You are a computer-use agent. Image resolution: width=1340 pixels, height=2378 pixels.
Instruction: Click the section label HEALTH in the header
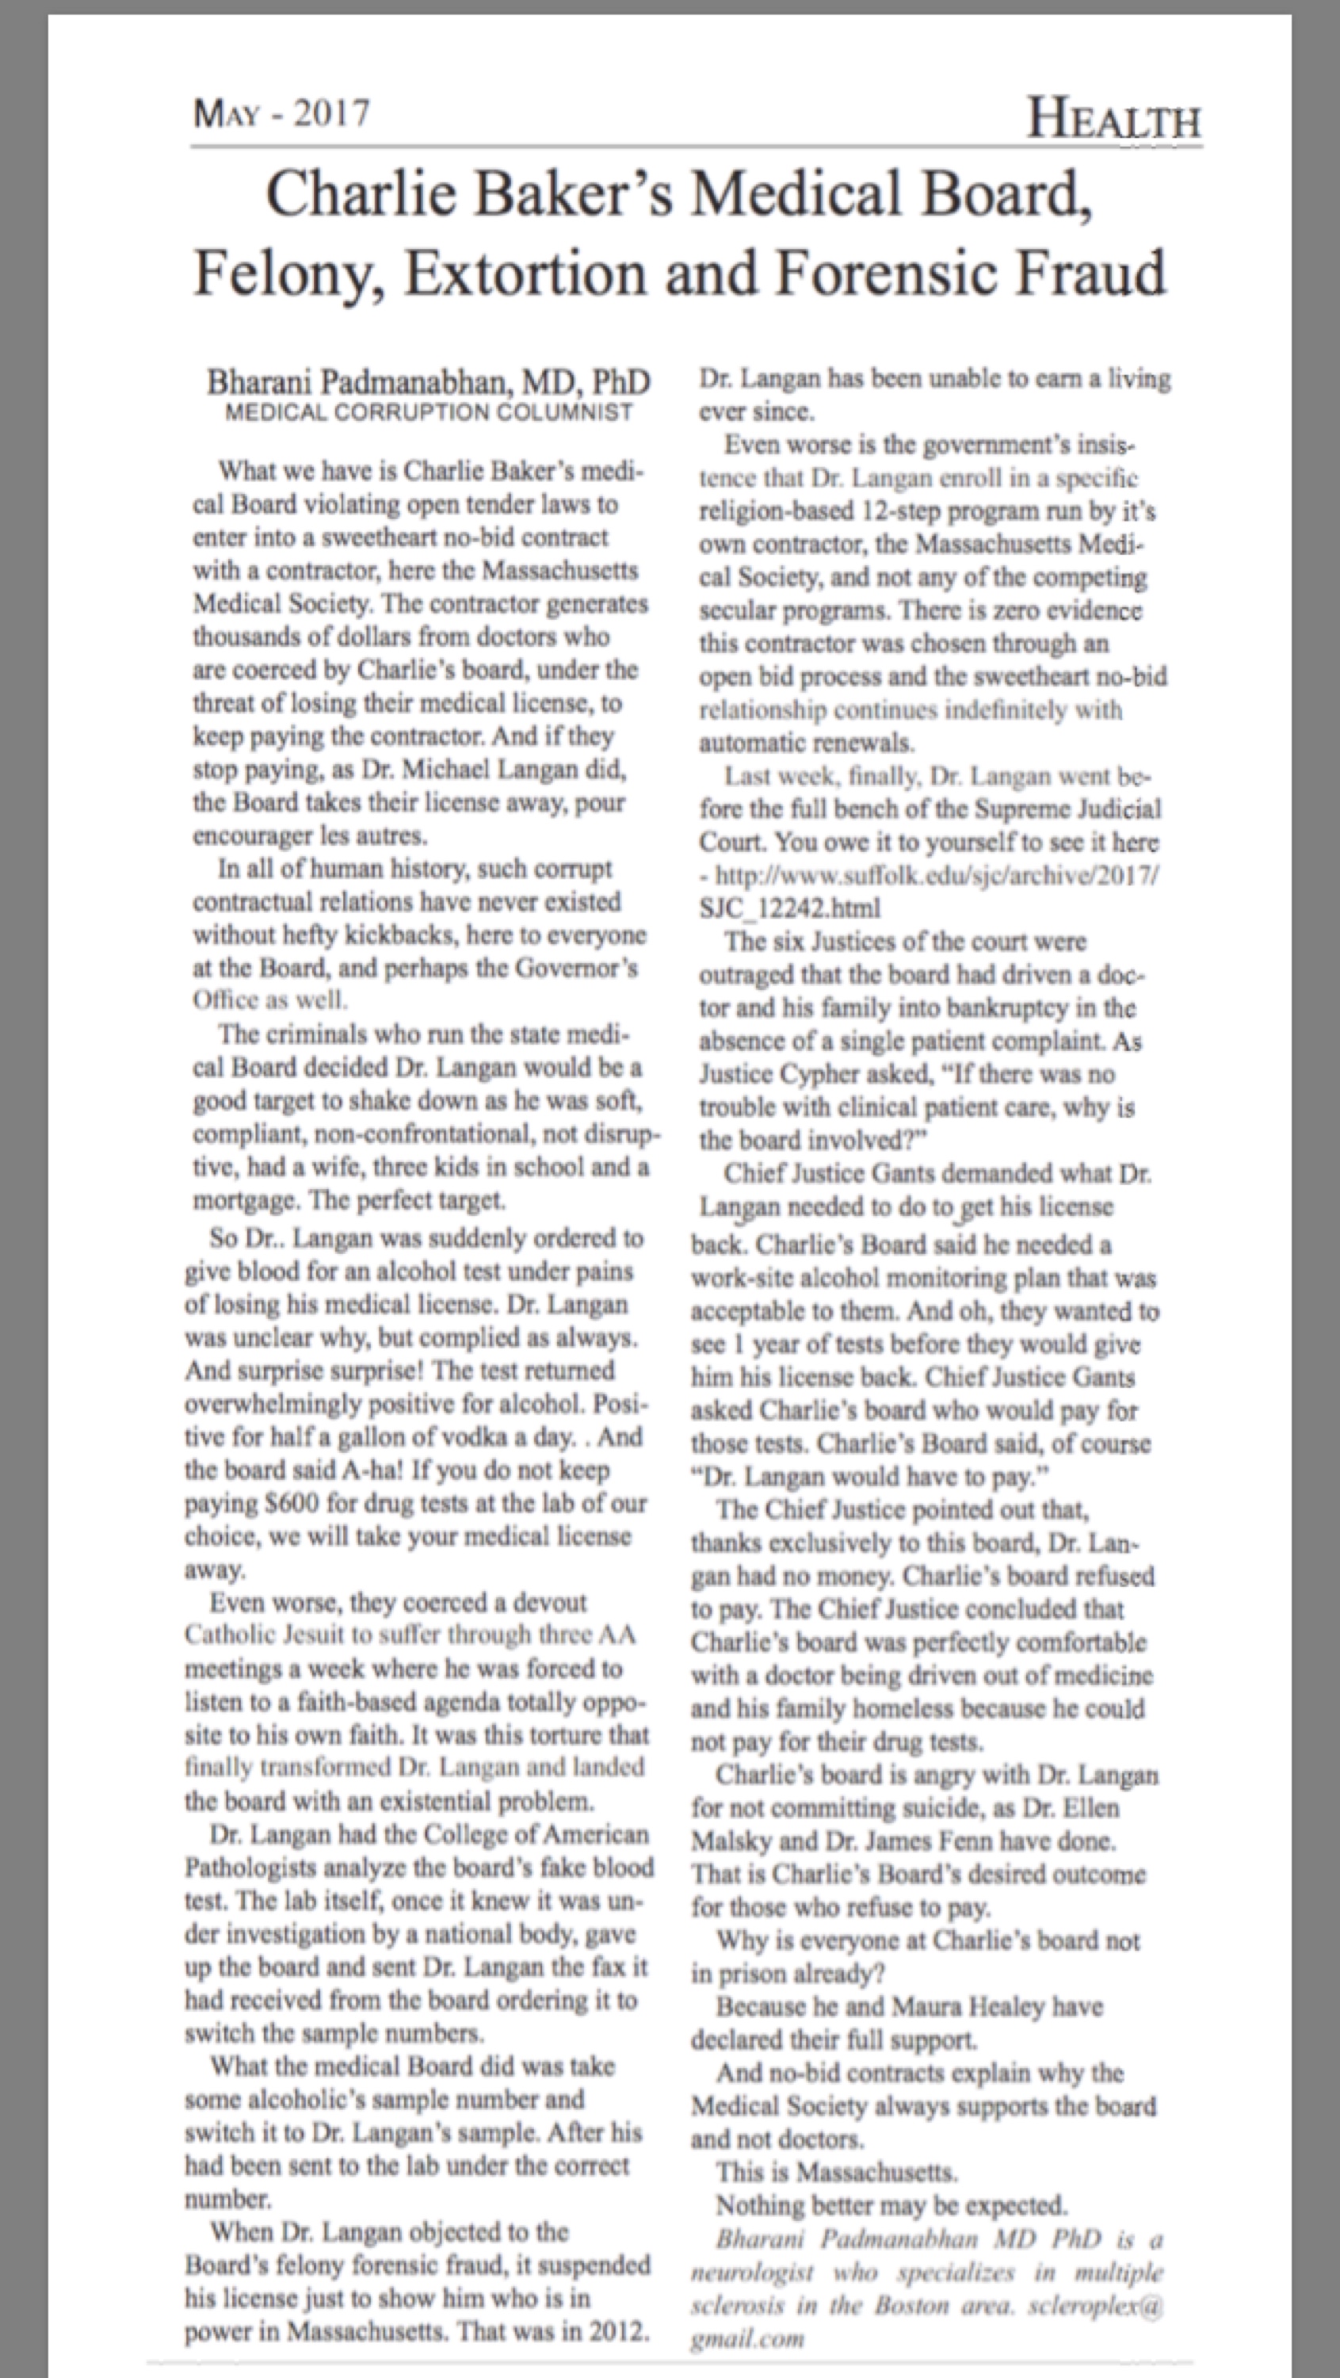[1114, 120]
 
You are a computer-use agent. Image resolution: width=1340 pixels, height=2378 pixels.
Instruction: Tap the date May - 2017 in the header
[281, 113]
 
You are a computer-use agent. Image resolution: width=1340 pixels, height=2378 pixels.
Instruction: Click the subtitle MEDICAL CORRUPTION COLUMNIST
[429, 411]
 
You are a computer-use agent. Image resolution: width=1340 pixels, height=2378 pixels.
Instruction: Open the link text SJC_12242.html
[789, 908]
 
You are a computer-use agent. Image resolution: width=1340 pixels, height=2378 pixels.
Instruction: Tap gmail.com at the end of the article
[747, 2338]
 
